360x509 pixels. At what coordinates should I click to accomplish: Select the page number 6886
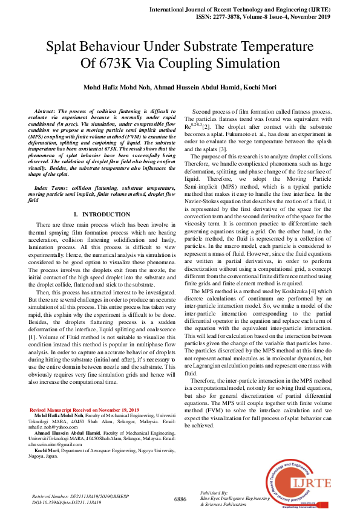(180, 499)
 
